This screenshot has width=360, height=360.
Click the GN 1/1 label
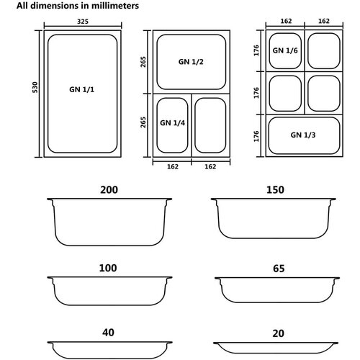click(x=82, y=89)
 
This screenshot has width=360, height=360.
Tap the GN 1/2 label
click(x=191, y=62)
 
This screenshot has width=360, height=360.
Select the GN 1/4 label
click(x=172, y=123)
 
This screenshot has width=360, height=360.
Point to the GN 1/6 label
click(x=285, y=50)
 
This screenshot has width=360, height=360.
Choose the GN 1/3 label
click(x=303, y=135)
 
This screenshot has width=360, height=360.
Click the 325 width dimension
click(x=83, y=22)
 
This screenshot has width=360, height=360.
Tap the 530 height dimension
click(x=35, y=87)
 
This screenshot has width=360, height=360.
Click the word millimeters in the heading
click(x=115, y=6)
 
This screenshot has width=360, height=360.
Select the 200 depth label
click(x=109, y=189)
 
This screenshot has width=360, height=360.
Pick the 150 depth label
click(x=275, y=189)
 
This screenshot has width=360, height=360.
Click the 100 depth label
click(x=108, y=268)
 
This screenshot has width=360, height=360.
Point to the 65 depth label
click(x=279, y=269)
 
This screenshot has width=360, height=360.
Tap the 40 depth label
click(x=108, y=333)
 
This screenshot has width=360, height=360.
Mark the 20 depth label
click(x=279, y=333)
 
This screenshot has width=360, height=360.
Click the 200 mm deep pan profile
click(x=109, y=246)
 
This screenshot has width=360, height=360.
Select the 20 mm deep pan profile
click(x=276, y=353)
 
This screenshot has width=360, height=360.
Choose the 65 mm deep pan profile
click(x=277, y=302)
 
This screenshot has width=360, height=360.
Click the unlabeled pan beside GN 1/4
click(x=210, y=125)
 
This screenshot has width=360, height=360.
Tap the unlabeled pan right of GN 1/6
click(x=324, y=51)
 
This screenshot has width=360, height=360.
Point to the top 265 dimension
click(x=143, y=62)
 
